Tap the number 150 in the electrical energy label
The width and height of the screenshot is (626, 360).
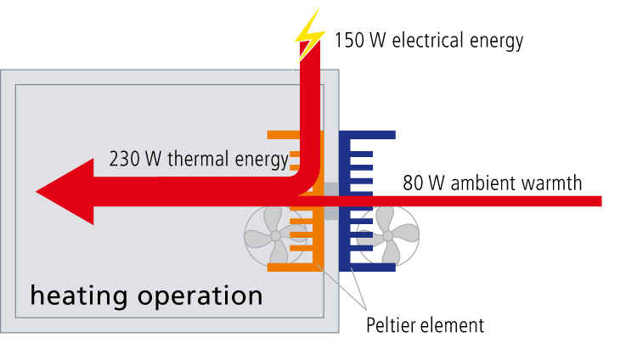(x=349, y=40)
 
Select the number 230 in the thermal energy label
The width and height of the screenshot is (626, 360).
(x=125, y=159)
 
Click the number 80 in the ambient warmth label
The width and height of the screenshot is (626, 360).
(x=415, y=183)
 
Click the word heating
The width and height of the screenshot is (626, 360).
(x=77, y=296)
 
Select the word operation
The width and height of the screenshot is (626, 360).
(x=196, y=297)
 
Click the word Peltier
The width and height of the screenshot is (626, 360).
(x=390, y=324)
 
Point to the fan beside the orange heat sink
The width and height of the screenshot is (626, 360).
(x=272, y=235)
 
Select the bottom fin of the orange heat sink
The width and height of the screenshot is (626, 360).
(x=289, y=267)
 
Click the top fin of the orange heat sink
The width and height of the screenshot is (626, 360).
(x=285, y=134)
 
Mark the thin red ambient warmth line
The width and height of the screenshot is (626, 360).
(x=510, y=201)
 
